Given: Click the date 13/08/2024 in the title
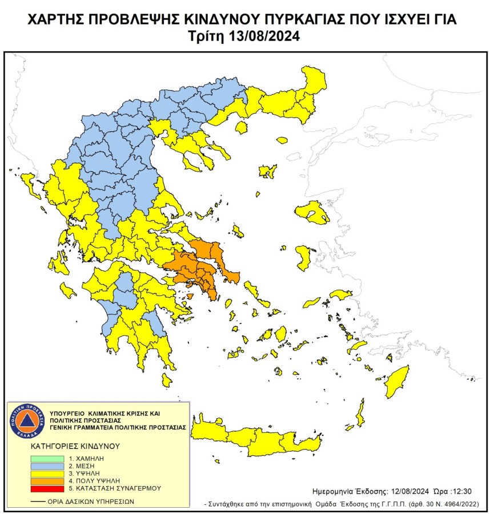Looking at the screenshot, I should click(264, 36).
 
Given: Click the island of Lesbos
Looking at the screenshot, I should click(311, 212).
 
